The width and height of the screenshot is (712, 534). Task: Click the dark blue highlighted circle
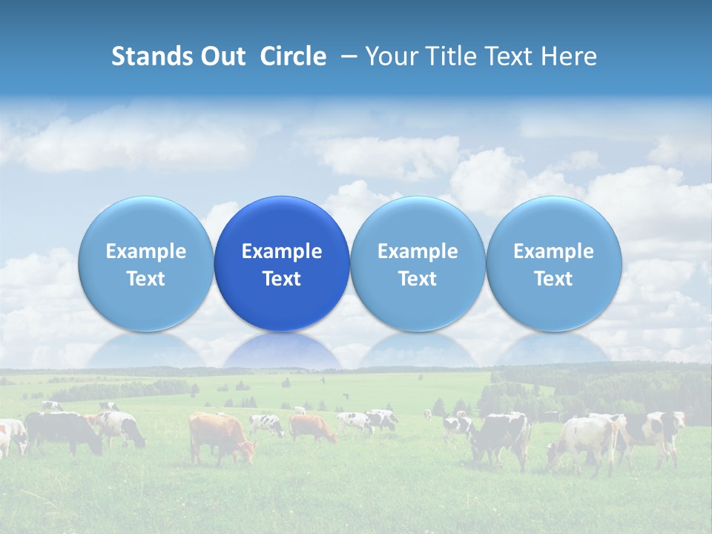coord(282,263)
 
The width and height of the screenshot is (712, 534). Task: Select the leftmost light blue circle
coord(145,263)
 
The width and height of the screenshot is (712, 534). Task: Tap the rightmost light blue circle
coord(554,263)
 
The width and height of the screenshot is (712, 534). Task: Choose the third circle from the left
coord(418,263)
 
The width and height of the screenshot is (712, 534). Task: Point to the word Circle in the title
coord(293,56)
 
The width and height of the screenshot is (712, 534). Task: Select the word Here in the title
coord(570,56)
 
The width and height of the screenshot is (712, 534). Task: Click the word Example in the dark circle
coord(282,251)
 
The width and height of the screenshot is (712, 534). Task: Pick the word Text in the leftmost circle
coord(145,279)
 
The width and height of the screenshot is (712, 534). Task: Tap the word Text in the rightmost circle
coord(554,279)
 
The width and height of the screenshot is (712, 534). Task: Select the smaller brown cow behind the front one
coord(311,426)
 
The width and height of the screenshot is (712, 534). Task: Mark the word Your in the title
coord(389,56)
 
